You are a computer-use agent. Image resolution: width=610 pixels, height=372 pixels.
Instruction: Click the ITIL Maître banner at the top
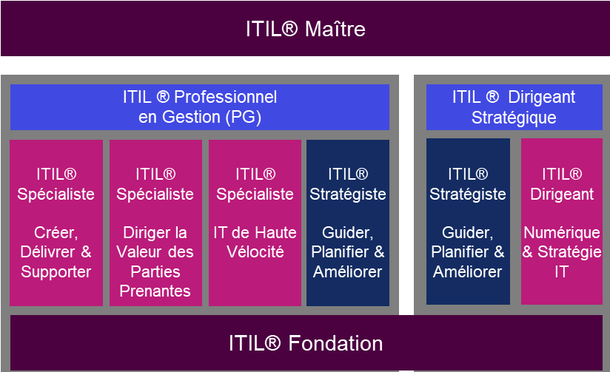pos(305,29)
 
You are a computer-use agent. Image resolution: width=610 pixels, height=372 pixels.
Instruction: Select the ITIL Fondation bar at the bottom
pos(305,343)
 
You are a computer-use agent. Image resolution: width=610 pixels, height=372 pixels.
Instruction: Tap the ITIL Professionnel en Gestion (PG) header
pos(200,106)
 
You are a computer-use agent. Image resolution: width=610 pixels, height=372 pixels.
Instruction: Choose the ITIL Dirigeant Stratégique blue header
pos(514,106)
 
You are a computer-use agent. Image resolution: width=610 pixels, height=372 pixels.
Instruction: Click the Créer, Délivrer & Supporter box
pos(56,222)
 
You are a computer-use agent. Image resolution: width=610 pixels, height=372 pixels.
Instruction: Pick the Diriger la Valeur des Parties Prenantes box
pos(155,222)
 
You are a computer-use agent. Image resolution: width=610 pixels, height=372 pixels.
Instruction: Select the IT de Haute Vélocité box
pos(255,222)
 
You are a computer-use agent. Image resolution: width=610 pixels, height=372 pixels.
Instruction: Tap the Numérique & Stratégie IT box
pos(561,222)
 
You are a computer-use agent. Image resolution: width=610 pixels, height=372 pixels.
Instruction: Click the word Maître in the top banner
pos(335,29)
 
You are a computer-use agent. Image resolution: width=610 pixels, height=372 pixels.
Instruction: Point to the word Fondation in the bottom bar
pos(336,343)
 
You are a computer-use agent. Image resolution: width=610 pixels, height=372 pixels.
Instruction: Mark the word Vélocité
pos(255,252)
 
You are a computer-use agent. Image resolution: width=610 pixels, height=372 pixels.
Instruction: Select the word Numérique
pos(561,232)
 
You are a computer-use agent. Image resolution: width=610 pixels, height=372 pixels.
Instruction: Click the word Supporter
pos(56,271)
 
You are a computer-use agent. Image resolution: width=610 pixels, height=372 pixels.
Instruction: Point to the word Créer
pos(56,232)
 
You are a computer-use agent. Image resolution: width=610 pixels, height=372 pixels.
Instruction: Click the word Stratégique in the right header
pos(514,117)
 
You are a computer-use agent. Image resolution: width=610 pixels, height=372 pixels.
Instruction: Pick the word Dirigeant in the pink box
pos(561,194)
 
